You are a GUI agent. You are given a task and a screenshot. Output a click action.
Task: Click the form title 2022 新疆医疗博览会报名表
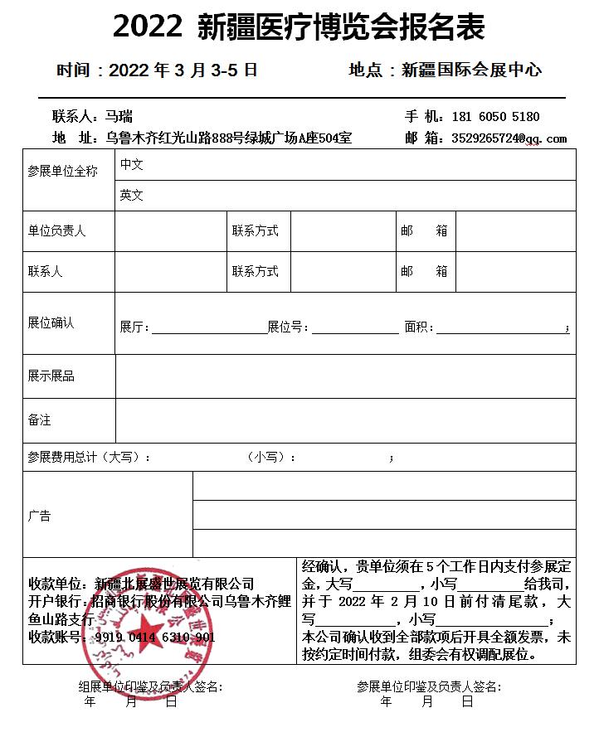click(x=299, y=29)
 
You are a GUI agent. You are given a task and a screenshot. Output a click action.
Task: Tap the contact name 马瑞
click(x=119, y=117)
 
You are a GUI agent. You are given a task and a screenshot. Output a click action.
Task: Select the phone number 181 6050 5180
click(x=495, y=118)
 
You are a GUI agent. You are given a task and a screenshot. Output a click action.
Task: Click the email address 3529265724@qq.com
click(x=509, y=138)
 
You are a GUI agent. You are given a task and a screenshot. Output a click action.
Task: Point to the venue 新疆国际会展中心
click(x=471, y=70)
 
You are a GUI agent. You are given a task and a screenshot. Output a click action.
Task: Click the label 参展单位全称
click(x=63, y=171)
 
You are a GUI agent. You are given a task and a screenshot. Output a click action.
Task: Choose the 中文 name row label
click(x=131, y=165)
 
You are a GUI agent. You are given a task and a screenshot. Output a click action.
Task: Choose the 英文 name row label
click(x=131, y=196)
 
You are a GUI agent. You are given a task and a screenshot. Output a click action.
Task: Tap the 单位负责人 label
click(x=56, y=231)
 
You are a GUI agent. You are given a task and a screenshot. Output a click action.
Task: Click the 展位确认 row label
click(x=51, y=322)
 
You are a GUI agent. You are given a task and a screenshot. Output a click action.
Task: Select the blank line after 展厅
click(x=207, y=329)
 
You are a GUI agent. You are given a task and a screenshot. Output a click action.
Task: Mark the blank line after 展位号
click(x=354, y=329)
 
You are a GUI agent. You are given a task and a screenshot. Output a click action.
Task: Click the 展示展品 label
click(x=51, y=376)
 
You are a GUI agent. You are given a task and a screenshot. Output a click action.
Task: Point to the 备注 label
click(x=39, y=420)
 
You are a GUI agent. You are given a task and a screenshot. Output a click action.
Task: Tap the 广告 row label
click(x=39, y=516)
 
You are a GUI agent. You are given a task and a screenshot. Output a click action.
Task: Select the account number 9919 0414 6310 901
click(x=155, y=638)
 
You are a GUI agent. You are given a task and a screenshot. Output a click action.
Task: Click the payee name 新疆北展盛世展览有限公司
click(x=174, y=584)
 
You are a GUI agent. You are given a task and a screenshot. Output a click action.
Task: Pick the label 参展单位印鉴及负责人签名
click(x=429, y=687)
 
